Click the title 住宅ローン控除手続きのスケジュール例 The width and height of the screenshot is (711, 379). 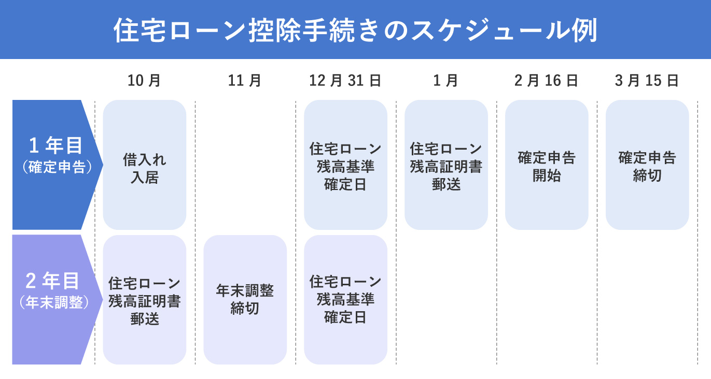[355, 30]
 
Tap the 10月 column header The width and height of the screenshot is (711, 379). [144, 81]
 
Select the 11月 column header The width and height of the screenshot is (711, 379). [245, 81]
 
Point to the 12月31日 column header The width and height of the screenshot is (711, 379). [345, 81]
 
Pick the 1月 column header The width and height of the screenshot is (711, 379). [446, 81]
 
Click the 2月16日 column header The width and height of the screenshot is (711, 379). [547, 81]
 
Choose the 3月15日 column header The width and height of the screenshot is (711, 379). [647, 81]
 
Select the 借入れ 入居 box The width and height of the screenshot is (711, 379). [145, 165]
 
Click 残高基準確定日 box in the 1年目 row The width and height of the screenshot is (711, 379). [345, 165]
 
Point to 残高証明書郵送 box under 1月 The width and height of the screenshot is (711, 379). [446, 165]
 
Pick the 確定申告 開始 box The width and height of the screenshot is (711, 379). [547, 165]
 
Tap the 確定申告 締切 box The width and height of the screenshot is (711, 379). [647, 165]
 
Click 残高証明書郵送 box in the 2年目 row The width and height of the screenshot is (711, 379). [145, 300]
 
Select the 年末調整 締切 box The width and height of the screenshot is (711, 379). [245, 300]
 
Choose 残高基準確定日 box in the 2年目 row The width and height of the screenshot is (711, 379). [345, 300]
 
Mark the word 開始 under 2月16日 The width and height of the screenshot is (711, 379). [547, 176]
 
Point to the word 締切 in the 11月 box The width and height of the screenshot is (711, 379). [245, 309]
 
